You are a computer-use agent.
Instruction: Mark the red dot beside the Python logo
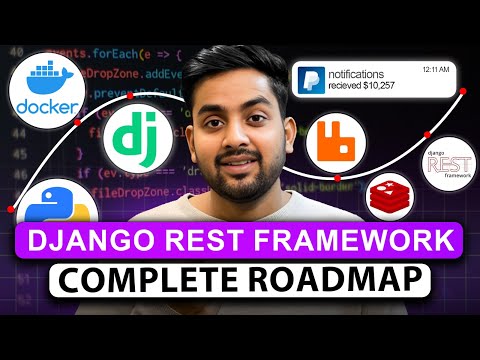click(11, 209)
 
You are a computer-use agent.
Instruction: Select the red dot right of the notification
click(465, 97)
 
